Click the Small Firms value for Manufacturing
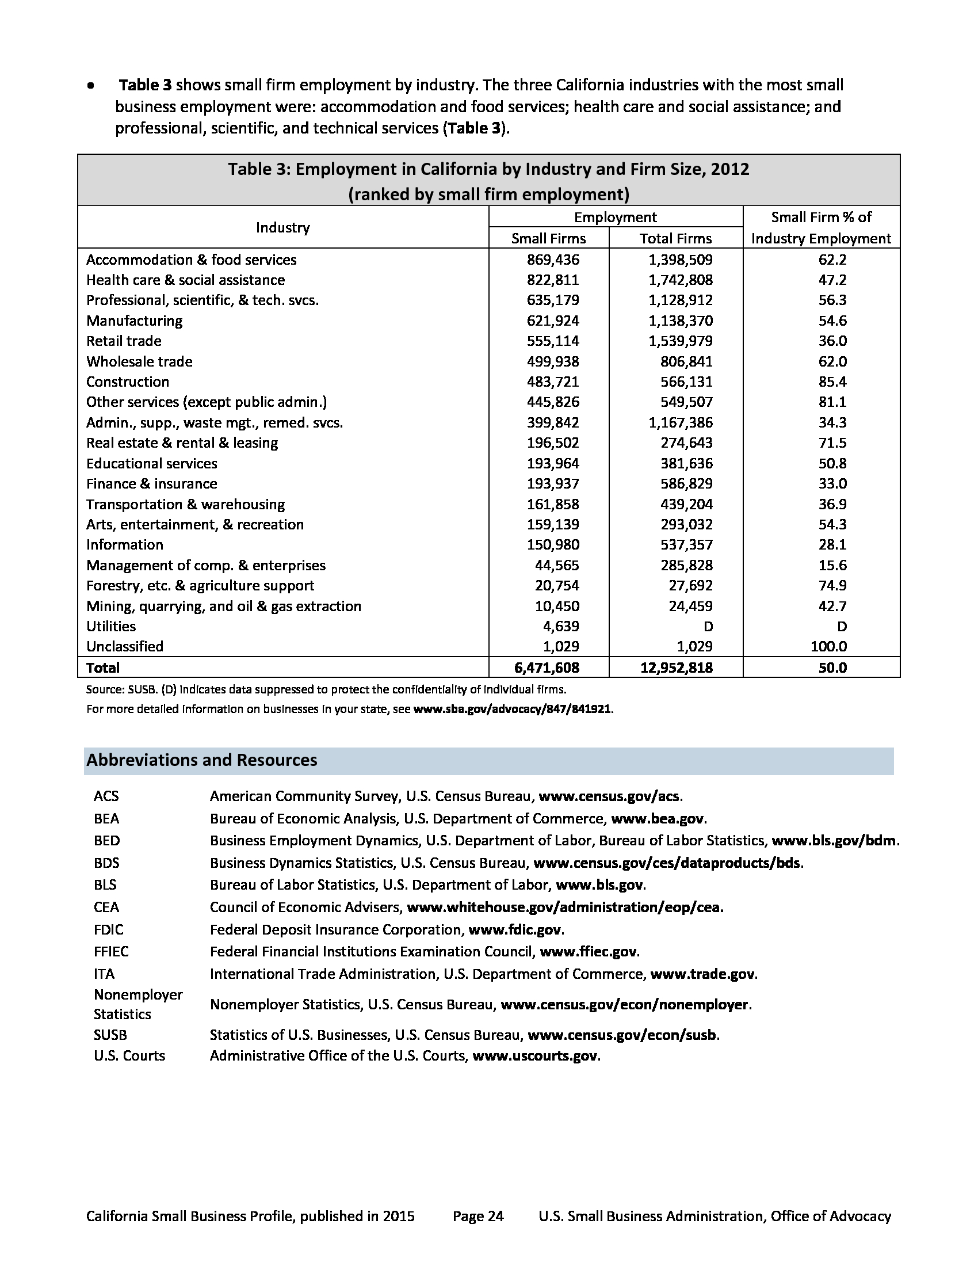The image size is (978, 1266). [553, 321]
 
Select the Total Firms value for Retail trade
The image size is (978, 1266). [680, 341]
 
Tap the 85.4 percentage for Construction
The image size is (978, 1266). [832, 382]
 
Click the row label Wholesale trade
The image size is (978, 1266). [139, 362]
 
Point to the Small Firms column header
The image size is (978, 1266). [548, 238]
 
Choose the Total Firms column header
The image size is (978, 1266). [675, 238]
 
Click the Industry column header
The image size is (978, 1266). [282, 227]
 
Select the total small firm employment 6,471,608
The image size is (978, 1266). [547, 668]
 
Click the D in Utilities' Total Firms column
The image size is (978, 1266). [708, 626]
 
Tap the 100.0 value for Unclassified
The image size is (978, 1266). [828, 646]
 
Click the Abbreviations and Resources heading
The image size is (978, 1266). [201, 760]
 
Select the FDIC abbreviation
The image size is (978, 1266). [108, 930]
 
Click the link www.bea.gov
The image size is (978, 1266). [658, 818]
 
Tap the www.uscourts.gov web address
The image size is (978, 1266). [535, 1055]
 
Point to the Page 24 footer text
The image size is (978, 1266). [478, 1215]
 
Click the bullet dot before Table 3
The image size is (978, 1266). [90, 86]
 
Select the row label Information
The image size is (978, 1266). [125, 545]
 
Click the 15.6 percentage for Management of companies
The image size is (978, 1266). [832, 565]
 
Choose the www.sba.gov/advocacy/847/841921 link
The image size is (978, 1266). [511, 709]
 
